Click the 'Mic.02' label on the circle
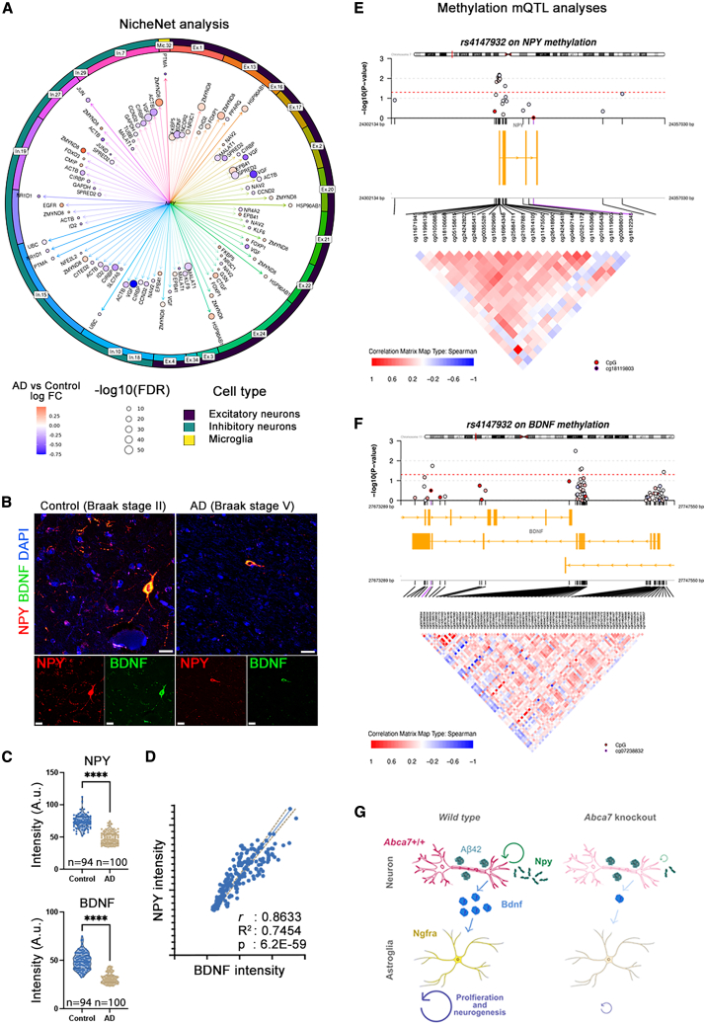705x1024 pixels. coord(169,43)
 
